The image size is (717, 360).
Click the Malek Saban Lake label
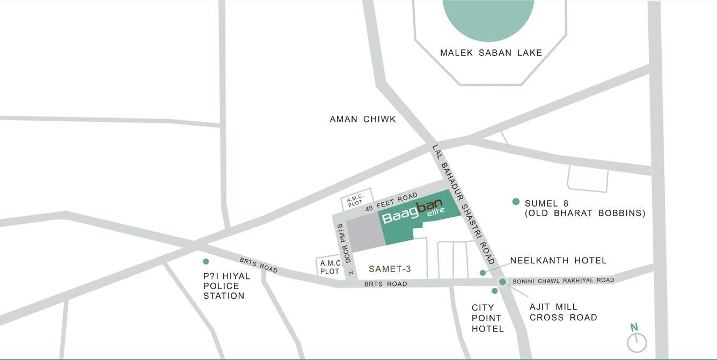click(x=491, y=53)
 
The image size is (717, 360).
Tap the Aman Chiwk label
click(x=363, y=119)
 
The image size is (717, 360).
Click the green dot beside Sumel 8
click(x=516, y=202)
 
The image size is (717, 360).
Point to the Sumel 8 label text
click(x=584, y=208)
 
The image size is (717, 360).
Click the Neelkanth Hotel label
click(x=558, y=261)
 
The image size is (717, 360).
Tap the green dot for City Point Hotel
click(x=495, y=291)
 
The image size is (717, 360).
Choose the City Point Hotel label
click(x=487, y=318)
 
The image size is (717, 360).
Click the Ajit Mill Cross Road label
click(x=563, y=312)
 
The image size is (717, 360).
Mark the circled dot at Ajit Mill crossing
click(x=502, y=282)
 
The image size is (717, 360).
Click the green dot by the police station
click(x=206, y=261)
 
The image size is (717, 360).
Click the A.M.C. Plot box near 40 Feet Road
click(x=355, y=201)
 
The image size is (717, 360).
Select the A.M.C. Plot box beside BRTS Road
click(x=330, y=267)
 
